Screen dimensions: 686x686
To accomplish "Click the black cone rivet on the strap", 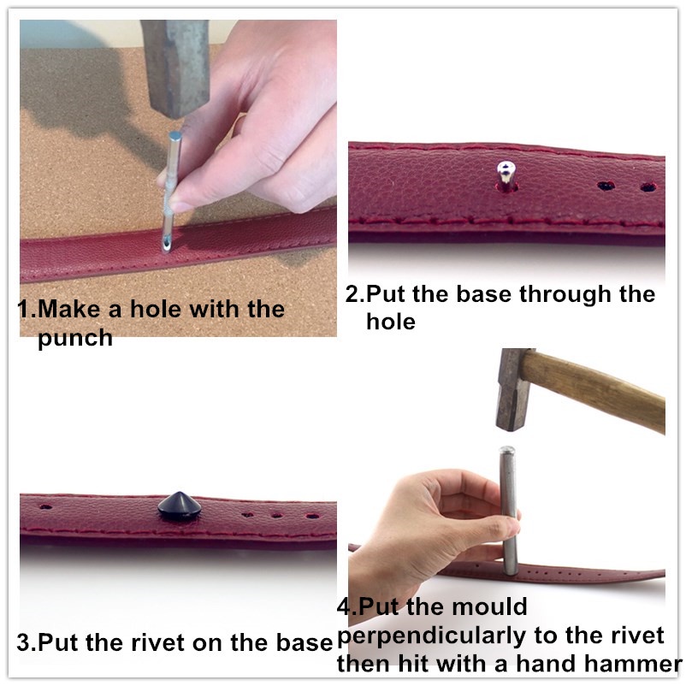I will (x=177, y=505).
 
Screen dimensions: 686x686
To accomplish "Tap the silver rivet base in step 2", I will (x=506, y=175).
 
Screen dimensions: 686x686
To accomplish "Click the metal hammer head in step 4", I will (x=513, y=389).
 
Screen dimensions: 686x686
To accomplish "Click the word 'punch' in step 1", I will (x=75, y=338).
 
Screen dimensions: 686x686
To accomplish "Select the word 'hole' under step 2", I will (x=390, y=322).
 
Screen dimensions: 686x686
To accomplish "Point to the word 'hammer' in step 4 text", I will (x=633, y=664).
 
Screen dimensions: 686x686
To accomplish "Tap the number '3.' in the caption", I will (x=27, y=642).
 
